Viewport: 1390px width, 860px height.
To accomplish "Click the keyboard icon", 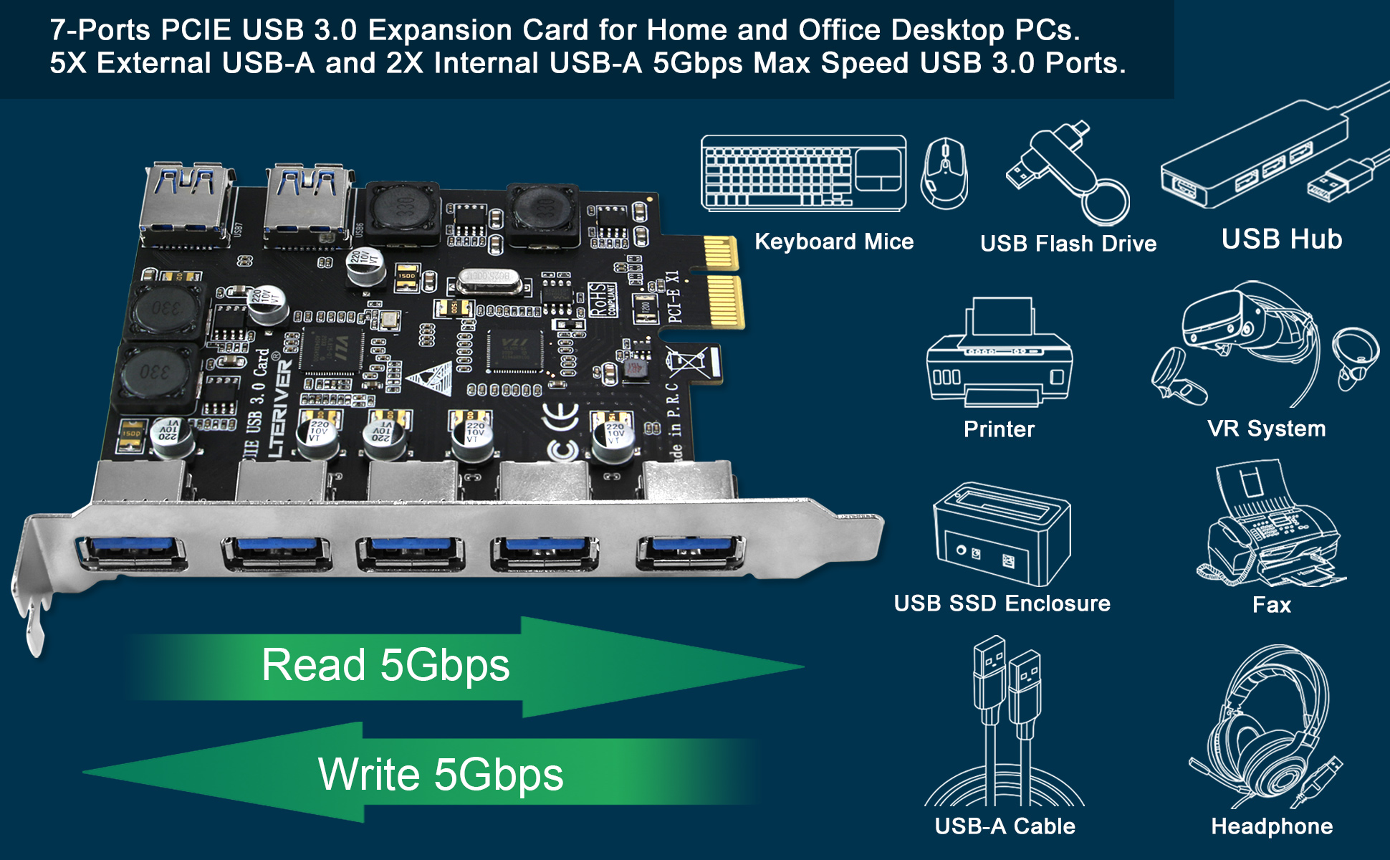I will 803,173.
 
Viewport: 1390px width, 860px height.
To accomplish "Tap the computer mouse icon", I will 944,173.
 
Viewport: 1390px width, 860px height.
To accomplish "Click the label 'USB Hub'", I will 1281,239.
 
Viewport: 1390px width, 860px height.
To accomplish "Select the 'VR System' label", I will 1266,429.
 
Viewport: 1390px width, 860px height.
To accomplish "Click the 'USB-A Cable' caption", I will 1005,826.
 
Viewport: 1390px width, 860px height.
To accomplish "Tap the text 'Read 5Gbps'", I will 385,665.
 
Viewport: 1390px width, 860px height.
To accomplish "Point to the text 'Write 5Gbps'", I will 441,775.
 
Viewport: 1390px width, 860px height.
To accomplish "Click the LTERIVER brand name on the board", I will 280,408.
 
